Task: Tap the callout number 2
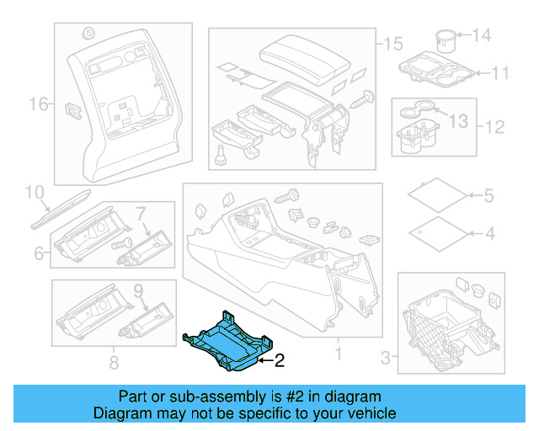[x=280, y=361]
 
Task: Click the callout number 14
[x=481, y=35]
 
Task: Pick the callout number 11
[x=500, y=73]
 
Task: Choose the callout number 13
[x=456, y=122]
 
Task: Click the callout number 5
[x=488, y=196]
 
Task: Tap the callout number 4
[x=488, y=233]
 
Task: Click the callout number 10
[x=33, y=193]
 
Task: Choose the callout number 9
[x=140, y=292]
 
